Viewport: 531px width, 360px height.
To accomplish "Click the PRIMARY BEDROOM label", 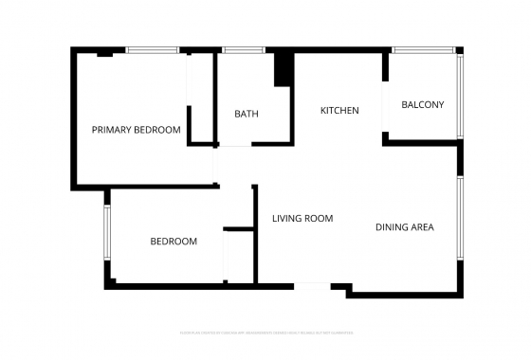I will click(136, 130).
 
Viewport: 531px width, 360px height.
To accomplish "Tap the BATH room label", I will click(247, 115).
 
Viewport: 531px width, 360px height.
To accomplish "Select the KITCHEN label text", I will click(339, 111).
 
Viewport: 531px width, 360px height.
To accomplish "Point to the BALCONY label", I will click(423, 105).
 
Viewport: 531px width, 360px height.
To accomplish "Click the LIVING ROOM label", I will click(302, 219).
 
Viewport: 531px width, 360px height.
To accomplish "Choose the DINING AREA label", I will click(405, 226).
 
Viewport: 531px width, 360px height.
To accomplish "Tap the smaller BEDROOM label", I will click(174, 242).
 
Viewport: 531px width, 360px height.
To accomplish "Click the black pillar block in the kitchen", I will click(283, 69).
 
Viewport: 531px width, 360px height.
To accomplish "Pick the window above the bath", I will click(243, 50).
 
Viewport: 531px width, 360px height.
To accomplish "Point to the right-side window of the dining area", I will click(460, 220).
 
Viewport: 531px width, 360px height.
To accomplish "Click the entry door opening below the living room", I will click(312, 286).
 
